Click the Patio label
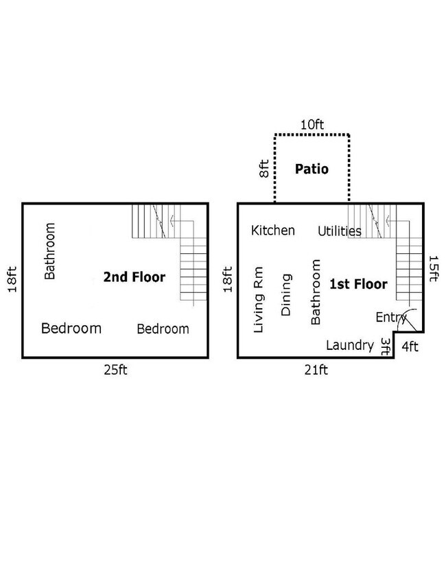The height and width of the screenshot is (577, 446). point(312,169)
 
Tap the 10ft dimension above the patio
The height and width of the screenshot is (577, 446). point(312,125)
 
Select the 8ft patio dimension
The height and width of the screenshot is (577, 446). point(264,169)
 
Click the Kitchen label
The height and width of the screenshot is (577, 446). point(273,230)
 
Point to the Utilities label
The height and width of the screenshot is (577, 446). point(339,231)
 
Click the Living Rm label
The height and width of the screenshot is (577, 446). point(259,300)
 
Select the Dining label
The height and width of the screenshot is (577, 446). point(287,294)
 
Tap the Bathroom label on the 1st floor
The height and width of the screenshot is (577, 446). point(316,292)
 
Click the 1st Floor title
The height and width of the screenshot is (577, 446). point(358,284)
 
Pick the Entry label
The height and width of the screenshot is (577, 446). point(390,317)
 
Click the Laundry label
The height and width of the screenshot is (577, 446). point(349,345)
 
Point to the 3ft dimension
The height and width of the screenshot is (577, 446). point(386,346)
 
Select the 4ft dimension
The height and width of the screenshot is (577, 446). point(410,346)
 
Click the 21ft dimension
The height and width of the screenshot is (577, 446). point(316,370)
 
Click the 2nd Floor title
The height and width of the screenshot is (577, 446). point(134,278)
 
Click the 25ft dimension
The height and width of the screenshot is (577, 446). point(115,370)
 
